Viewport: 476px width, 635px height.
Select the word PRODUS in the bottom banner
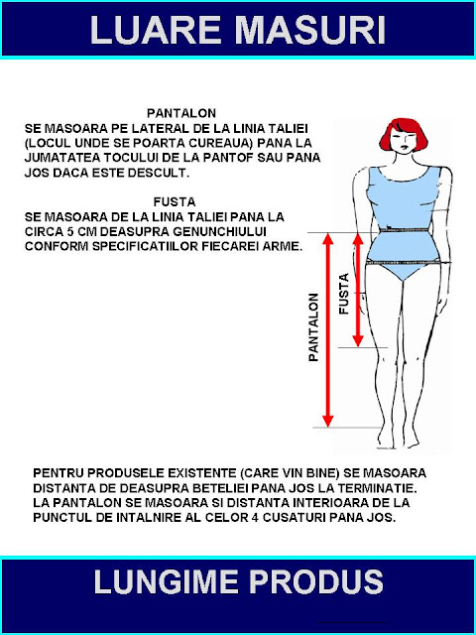click(328, 582)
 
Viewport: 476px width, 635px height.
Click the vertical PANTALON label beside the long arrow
click(313, 326)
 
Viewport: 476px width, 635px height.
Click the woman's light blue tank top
click(402, 198)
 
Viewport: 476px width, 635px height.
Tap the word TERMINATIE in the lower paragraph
click(397, 491)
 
